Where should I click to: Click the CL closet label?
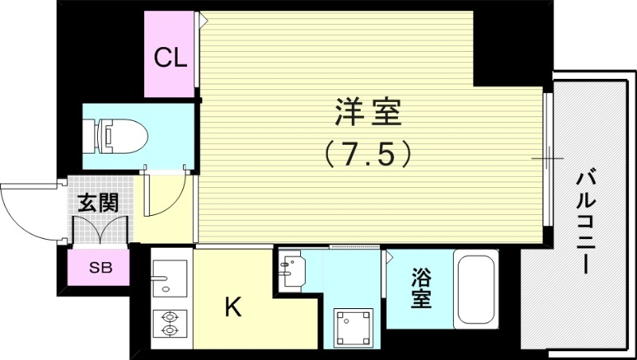(x=170, y=57)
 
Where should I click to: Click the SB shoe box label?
(x=100, y=268)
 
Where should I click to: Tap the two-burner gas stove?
(x=170, y=323)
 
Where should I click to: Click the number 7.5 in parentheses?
(x=367, y=153)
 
